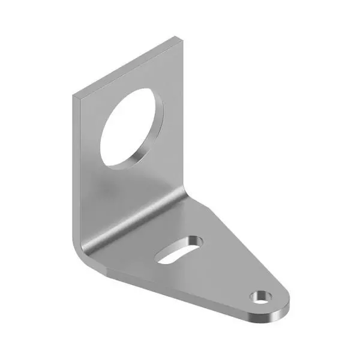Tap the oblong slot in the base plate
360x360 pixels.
click(178, 248)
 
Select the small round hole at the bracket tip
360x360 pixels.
click(261, 296)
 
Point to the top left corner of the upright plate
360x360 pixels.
click(74, 96)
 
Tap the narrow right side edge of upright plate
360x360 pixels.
click(185, 120)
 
